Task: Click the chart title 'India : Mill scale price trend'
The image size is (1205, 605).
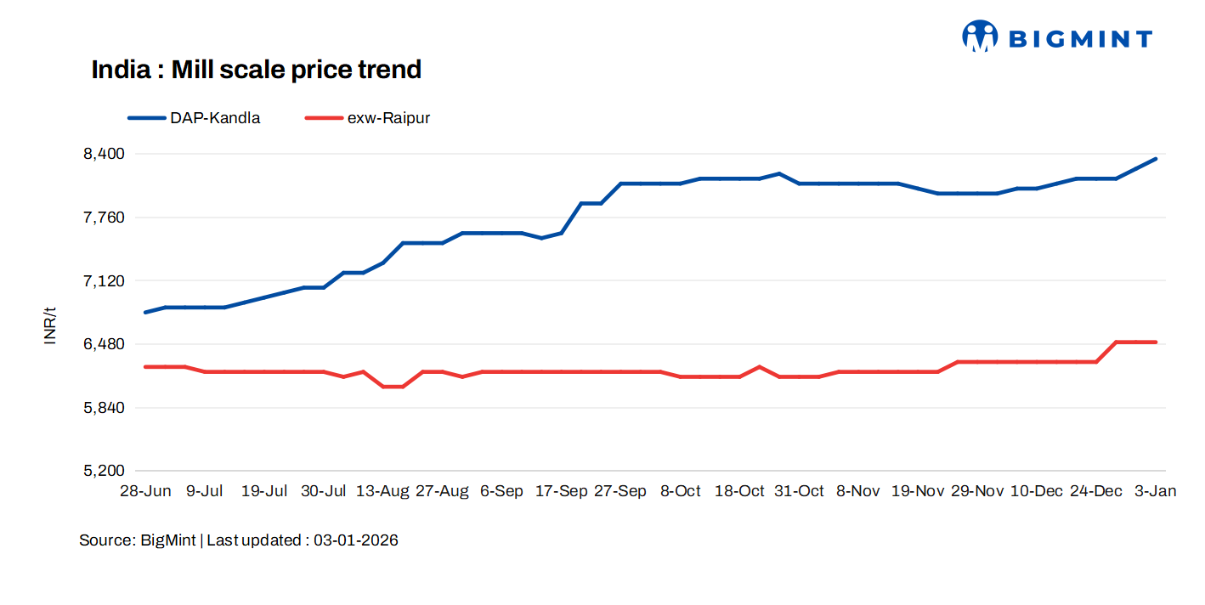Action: point(256,70)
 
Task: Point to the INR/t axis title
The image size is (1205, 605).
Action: point(50,325)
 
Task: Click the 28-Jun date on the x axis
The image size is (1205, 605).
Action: point(145,491)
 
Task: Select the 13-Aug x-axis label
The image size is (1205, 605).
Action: point(382,491)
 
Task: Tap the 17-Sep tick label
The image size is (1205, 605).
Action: point(561,491)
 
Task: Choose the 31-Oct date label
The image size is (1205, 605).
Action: point(799,491)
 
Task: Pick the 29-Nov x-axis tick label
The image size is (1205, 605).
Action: point(977,491)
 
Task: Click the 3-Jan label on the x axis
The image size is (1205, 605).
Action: point(1156,491)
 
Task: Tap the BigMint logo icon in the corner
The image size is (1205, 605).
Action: point(980,37)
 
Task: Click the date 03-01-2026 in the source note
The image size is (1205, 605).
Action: point(355,540)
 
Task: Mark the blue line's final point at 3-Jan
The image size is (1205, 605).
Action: point(1156,159)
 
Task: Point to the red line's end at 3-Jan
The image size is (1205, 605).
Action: point(1156,342)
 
